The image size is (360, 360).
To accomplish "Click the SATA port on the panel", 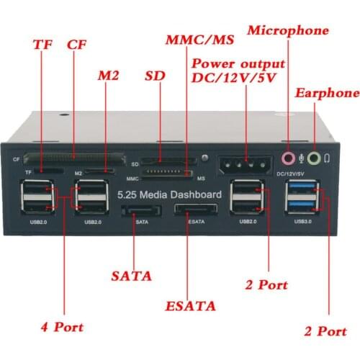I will coord(141,212).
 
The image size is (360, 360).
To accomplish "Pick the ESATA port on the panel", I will coord(194,212).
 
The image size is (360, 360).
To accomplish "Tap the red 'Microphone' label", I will coord(288,30).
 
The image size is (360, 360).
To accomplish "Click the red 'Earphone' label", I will coord(326,94).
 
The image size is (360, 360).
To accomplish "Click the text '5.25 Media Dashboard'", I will coord(170,194).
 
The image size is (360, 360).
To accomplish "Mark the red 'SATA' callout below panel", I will coord(132,275).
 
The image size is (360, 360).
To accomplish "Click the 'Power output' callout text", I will coord(238,63).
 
